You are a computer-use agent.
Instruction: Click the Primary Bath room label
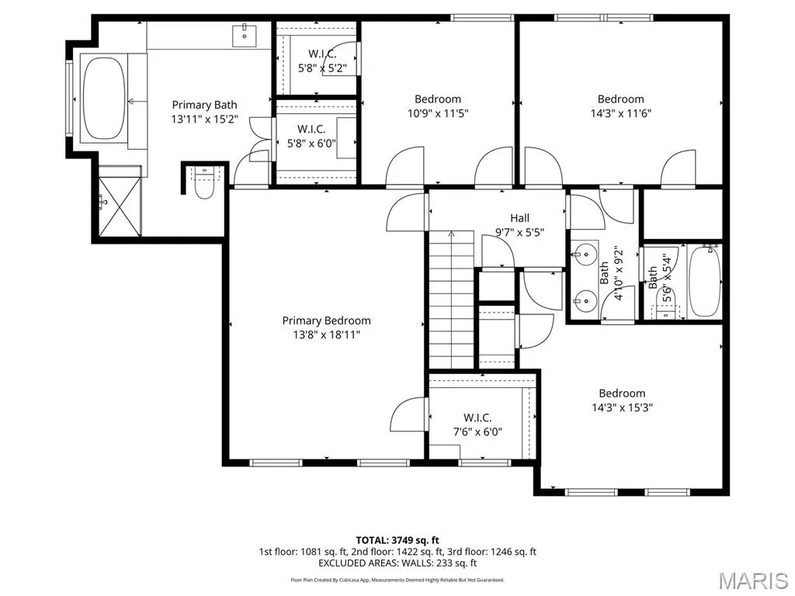pos(204,105)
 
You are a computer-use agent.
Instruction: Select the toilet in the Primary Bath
pos(204,182)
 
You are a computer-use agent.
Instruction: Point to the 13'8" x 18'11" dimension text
pos(327,334)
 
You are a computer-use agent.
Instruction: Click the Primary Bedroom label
pos(327,321)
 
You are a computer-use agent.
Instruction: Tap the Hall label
pos(519,218)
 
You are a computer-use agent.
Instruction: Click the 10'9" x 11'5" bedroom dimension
pos(438,113)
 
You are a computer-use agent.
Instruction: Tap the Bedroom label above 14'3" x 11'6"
pos(620,99)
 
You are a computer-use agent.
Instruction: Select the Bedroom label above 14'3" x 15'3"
pos(622,393)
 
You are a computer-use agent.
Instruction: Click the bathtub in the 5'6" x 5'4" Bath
pos(705,282)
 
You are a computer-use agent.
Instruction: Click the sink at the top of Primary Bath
pos(245,35)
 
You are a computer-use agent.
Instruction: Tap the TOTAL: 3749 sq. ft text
pos(397,540)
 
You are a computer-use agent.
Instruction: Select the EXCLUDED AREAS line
pos(397,563)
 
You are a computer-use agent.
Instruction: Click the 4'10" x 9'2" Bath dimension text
pos(619,274)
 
